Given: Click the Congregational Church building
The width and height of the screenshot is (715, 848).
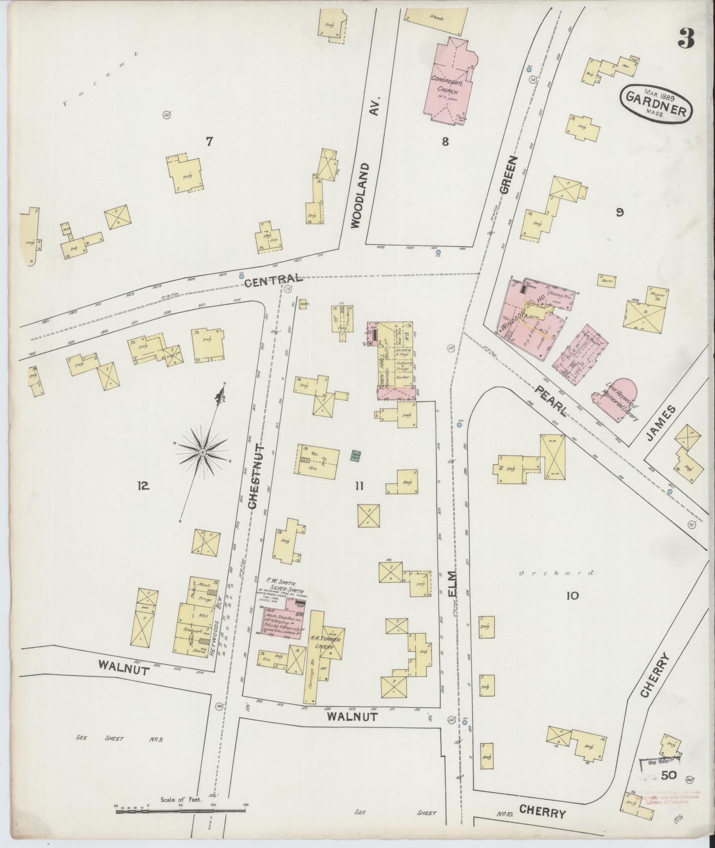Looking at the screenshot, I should point(450,84).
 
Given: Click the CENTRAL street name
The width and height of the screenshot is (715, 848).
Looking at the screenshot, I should point(272,279).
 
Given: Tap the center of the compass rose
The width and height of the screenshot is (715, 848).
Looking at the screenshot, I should point(202,452).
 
